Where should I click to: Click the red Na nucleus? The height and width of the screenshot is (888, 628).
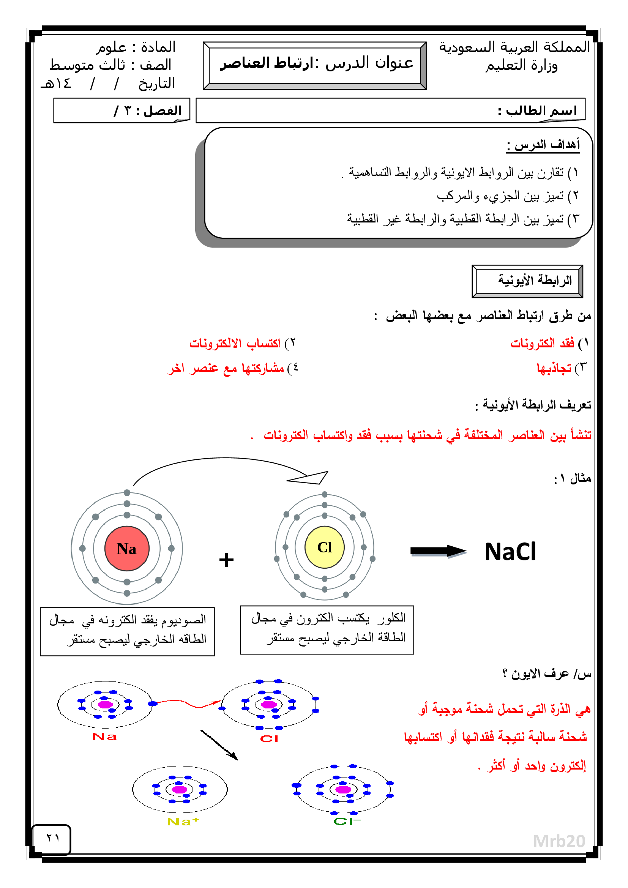[x=127, y=549]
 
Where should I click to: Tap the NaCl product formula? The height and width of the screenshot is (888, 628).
[x=510, y=552]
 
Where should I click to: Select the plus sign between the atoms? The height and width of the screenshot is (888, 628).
[x=226, y=560]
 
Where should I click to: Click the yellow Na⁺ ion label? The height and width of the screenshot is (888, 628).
[x=183, y=822]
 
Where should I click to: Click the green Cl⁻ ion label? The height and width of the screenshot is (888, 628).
[x=347, y=822]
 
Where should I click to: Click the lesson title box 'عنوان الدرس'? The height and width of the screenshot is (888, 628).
[x=315, y=65]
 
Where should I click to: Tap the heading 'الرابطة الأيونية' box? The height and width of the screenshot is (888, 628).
[x=527, y=281]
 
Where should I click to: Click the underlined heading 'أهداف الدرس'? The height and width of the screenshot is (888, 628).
[x=543, y=145]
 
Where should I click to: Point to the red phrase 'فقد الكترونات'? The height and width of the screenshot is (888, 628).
[x=543, y=343]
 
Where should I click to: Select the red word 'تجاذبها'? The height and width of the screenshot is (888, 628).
[x=554, y=368]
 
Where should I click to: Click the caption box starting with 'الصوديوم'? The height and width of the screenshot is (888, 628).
[x=127, y=632]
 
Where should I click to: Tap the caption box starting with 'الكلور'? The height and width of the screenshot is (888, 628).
[x=327, y=629]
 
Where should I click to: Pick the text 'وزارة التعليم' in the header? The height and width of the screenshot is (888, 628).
[x=521, y=65]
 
